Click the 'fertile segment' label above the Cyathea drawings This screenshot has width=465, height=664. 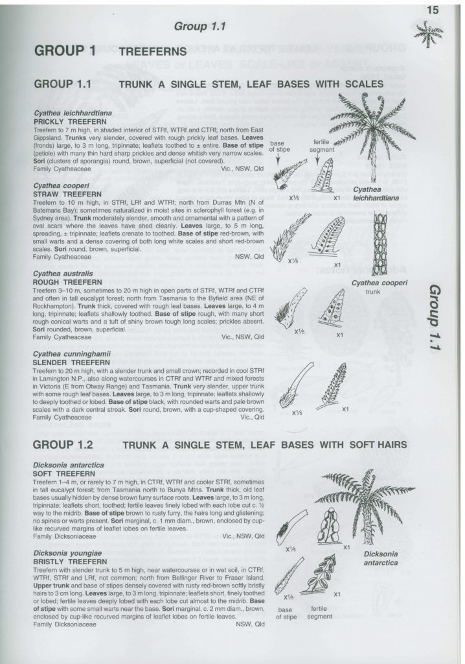[323, 146]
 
